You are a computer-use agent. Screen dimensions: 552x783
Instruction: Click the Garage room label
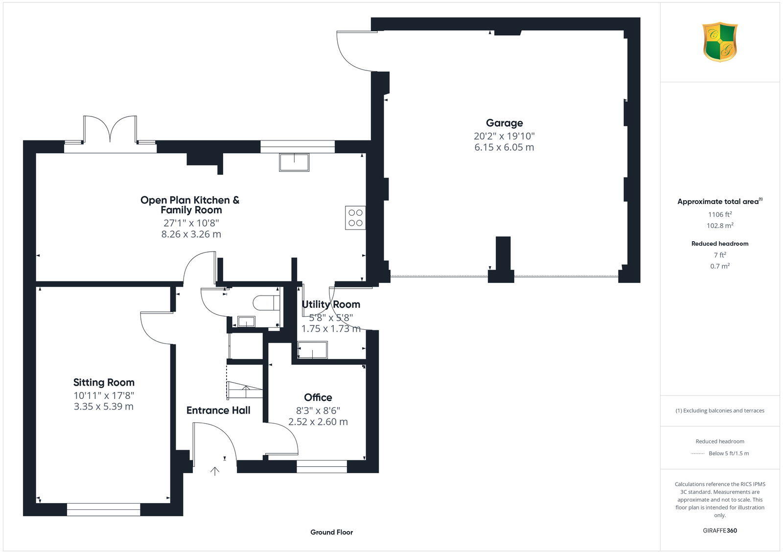point(504,123)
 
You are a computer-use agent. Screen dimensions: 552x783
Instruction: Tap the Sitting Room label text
point(104,383)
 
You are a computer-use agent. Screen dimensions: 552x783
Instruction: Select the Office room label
point(318,397)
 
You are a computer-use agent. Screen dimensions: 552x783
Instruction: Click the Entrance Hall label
point(218,411)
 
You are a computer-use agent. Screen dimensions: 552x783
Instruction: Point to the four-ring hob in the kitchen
point(355,218)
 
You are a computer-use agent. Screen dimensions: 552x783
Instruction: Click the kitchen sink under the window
point(294,162)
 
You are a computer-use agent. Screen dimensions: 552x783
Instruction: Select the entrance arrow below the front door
point(215,471)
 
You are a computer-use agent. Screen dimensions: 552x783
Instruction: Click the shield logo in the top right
point(719,42)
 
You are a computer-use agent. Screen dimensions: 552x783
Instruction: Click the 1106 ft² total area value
point(720,214)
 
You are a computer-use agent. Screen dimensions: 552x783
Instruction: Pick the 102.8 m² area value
point(720,226)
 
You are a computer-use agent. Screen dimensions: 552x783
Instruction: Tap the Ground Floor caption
point(331,532)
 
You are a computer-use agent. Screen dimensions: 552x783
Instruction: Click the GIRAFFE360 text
point(719,530)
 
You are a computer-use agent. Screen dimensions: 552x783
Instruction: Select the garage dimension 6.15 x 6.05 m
point(504,147)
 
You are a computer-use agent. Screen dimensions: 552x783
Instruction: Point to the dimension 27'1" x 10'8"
point(191,223)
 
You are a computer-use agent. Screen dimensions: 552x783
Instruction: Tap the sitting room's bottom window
point(104,509)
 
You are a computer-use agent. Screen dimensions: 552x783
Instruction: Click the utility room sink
point(313,350)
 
